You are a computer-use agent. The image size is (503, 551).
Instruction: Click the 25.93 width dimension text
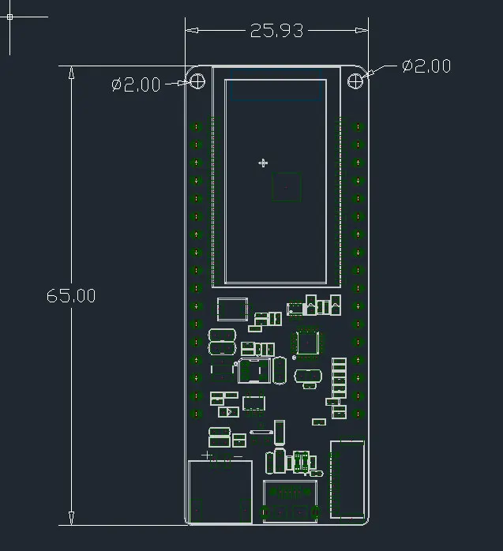pyautogui.click(x=276, y=31)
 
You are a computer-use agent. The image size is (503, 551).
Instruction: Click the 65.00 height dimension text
pyautogui.click(x=71, y=295)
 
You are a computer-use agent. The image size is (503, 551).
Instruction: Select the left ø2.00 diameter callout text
pyautogui.click(x=136, y=84)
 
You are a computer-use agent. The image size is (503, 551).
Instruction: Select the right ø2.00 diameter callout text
pyautogui.click(x=426, y=66)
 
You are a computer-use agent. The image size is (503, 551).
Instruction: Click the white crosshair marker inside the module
pyautogui.click(x=263, y=163)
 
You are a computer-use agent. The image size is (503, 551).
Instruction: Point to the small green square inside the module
pyautogui.click(x=286, y=187)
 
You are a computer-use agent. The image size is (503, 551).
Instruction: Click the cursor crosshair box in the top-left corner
pyautogui.click(x=9, y=17)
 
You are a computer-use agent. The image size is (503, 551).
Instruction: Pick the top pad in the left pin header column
pyautogui.click(x=196, y=127)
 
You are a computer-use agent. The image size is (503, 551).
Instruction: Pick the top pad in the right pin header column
pyautogui.click(x=358, y=127)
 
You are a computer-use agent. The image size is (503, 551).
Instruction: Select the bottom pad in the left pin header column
pyautogui.click(x=196, y=414)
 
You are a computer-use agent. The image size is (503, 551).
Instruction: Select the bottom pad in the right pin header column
pyautogui.click(x=358, y=414)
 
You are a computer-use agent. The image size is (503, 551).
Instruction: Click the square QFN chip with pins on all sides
pyautogui.click(x=308, y=343)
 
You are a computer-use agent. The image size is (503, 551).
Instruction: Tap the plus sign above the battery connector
pyautogui.click(x=206, y=455)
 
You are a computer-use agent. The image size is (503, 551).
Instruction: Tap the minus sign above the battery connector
pyautogui.click(x=238, y=456)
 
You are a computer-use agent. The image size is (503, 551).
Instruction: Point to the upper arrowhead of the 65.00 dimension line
pyautogui.click(x=71, y=73)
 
